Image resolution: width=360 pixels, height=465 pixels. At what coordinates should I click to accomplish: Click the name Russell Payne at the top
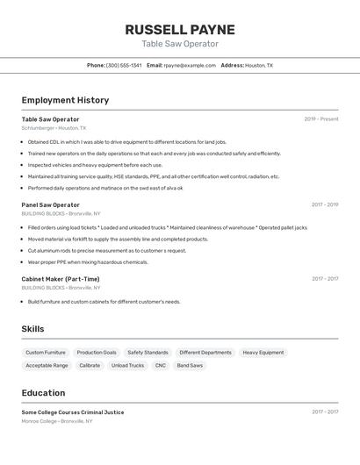point(180,29)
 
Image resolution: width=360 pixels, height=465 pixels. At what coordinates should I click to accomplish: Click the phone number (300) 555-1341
point(124,65)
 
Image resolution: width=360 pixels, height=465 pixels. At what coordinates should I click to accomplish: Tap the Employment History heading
point(65,100)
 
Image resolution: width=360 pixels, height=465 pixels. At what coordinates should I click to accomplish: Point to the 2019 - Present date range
point(321,119)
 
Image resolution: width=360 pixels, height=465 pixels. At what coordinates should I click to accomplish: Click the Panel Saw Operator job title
point(50,204)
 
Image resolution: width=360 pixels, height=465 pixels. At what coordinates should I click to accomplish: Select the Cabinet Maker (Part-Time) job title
point(61,279)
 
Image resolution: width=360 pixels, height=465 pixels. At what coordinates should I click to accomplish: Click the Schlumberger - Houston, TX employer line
point(54,128)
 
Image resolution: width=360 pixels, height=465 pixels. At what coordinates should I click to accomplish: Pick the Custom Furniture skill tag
point(46,353)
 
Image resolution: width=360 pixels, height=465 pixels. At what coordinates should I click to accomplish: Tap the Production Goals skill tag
point(97,353)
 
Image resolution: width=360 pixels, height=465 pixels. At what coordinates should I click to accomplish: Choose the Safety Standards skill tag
point(148,353)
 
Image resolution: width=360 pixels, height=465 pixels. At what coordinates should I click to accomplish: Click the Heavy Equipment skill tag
point(263,353)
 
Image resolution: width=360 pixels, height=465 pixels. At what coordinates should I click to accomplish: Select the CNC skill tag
point(161,365)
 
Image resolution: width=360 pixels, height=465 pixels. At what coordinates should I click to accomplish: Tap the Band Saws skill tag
point(190,365)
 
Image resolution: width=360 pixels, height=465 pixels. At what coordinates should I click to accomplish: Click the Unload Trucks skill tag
point(127,365)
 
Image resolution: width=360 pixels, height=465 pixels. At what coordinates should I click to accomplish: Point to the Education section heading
point(43,393)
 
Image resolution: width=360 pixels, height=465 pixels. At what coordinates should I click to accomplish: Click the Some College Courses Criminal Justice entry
point(73,412)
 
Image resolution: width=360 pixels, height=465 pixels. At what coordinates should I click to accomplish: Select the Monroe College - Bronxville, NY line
point(57,421)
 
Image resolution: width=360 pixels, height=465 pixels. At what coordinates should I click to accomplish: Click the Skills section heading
point(32,329)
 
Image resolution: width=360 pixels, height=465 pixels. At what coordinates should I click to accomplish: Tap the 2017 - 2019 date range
point(325,204)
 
